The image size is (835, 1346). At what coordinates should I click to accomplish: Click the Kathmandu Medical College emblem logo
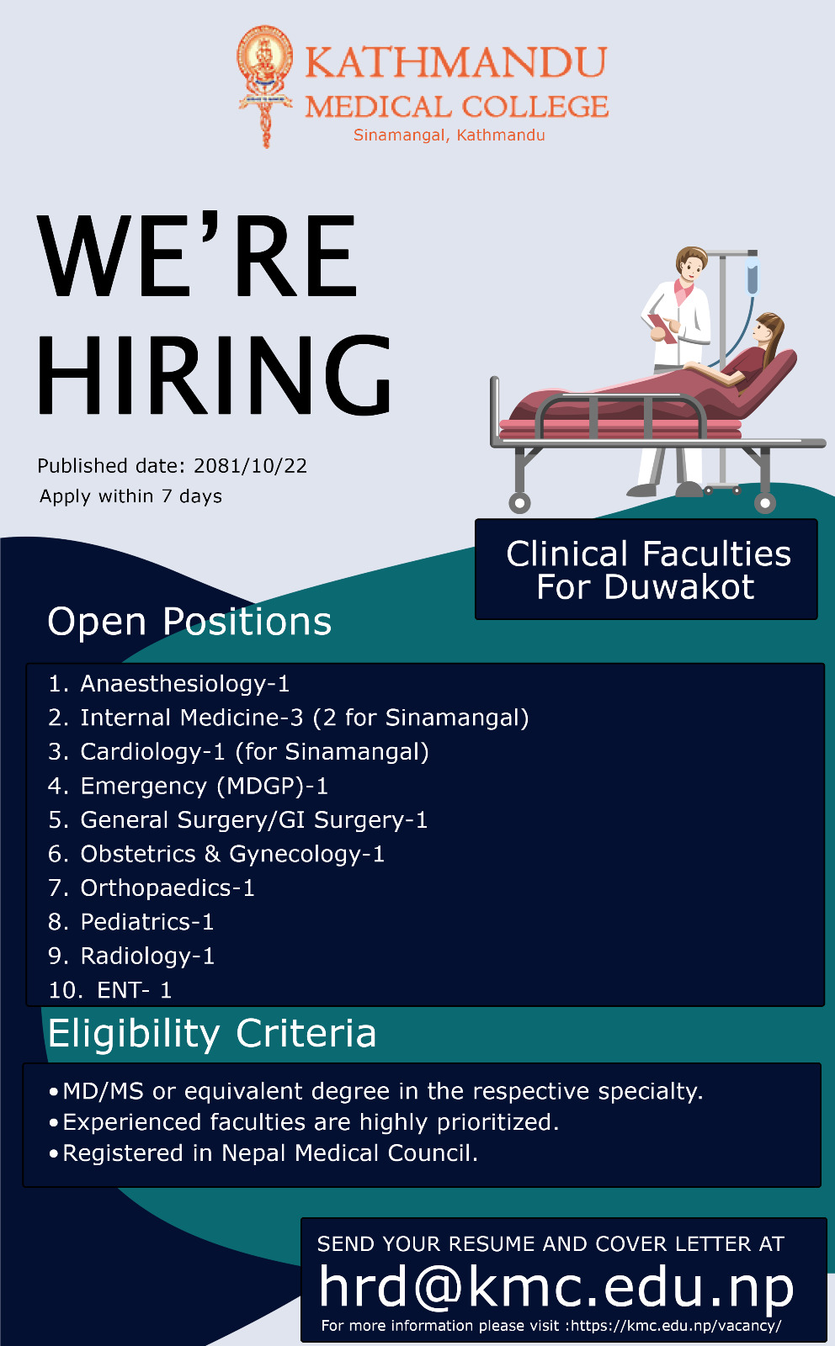pyautogui.click(x=265, y=86)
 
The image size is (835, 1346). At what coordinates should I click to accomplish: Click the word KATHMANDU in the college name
pyautogui.click(x=456, y=62)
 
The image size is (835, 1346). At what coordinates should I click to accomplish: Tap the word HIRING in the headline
pyautogui.click(x=214, y=375)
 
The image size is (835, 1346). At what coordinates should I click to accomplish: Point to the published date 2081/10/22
pyautogui.click(x=250, y=466)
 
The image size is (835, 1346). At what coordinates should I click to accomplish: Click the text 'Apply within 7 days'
pyautogui.click(x=130, y=496)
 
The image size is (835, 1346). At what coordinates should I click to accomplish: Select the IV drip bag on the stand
pyautogui.click(x=752, y=275)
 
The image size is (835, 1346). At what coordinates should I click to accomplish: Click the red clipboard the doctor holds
pyautogui.click(x=662, y=328)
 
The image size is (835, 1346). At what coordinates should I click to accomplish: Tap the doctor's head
pyautogui.click(x=691, y=263)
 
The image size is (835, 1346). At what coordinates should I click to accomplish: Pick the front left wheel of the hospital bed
pyautogui.click(x=519, y=503)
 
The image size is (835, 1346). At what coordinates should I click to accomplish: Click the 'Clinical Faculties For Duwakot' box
pyautogui.click(x=646, y=569)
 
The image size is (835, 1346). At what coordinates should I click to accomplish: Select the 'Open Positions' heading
pyautogui.click(x=189, y=622)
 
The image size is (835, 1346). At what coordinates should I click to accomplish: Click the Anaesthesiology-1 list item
pyautogui.click(x=169, y=684)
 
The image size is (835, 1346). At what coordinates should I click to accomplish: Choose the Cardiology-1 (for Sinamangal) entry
pyautogui.click(x=239, y=752)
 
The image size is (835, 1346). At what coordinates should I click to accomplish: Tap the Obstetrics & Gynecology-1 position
pyautogui.click(x=216, y=854)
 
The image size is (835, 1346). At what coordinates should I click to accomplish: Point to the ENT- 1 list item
pyautogui.click(x=110, y=989)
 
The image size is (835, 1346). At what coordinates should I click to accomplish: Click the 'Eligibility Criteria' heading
pyautogui.click(x=212, y=1033)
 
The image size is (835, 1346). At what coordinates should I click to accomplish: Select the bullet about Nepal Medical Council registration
pyautogui.click(x=264, y=1153)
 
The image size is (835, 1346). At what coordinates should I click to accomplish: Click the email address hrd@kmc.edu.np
pyautogui.click(x=556, y=1286)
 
